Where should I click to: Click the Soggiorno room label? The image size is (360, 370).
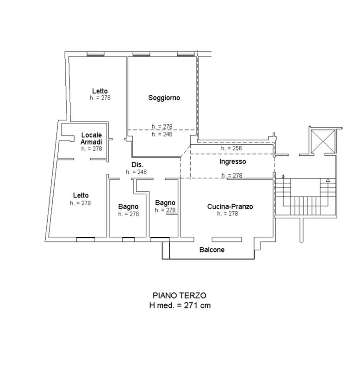164,98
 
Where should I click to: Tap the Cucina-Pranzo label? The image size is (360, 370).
230,206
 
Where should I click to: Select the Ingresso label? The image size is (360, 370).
233,161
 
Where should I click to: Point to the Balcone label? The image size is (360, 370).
212,250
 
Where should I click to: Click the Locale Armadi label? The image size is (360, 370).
91,138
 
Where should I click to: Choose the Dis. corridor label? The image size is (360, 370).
137,165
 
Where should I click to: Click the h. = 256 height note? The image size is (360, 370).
231,148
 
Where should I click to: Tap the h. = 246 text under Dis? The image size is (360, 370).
136,172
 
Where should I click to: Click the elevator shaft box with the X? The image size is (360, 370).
323,141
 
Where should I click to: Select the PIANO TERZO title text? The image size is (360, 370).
180,296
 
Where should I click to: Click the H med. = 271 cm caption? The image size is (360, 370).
180,305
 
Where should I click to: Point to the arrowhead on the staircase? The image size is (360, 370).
328,180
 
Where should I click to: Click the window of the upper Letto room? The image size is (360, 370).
95,54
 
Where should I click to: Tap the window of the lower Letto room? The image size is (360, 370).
86,240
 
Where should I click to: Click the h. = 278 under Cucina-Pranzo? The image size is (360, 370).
227,214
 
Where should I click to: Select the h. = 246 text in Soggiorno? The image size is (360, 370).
162,134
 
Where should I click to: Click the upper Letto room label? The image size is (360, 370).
100,91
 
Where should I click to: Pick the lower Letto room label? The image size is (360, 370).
81,195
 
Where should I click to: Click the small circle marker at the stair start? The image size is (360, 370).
283,176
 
